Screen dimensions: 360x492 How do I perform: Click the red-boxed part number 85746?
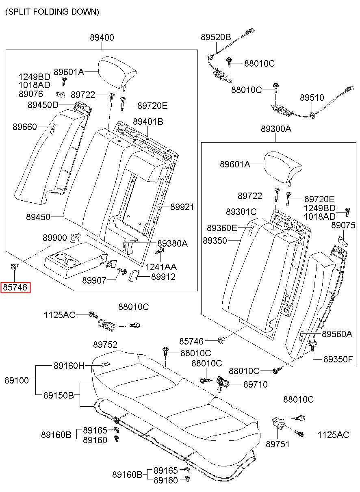point(15,287)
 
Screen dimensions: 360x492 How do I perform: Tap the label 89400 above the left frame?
point(102,37)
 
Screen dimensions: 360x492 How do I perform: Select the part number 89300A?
point(276,129)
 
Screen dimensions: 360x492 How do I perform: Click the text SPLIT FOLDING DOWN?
point(52,12)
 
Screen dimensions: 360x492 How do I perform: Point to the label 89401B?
point(148,122)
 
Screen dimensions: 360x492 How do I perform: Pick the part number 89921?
point(182,207)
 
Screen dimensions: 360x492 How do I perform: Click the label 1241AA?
point(161,267)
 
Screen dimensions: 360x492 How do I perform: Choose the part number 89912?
point(163,277)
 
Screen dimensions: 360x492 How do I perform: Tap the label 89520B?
point(216,37)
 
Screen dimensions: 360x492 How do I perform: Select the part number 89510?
point(312,98)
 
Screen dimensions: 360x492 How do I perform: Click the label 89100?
point(17,380)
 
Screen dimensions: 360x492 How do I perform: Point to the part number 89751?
point(278,444)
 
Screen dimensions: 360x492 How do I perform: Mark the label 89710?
point(256,384)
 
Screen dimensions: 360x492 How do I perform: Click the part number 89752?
point(105,345)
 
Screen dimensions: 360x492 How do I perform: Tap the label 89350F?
point(338,359)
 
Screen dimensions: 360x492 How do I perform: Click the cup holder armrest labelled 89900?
point(76,260)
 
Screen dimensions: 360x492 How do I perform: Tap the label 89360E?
point(222,228)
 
